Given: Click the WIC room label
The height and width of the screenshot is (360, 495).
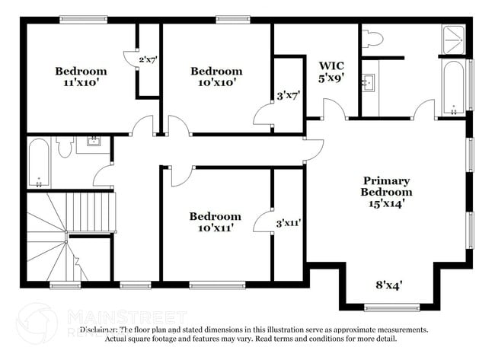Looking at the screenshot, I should [332, 65].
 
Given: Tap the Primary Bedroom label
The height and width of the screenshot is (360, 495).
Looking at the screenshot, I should [386, 186].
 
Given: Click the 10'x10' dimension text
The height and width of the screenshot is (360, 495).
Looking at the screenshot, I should [216, 84].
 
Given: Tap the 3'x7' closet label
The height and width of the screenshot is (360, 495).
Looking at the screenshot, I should [288, 97].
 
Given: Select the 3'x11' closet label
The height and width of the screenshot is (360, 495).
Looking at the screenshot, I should [289, 224].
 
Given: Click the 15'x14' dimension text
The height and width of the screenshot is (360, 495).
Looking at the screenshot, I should [386, 203].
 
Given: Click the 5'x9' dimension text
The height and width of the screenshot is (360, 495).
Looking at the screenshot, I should [332, 77].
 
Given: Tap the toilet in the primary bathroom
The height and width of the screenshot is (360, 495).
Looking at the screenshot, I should [373, 39].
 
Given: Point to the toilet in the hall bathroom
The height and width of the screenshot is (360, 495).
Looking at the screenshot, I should [64, 146].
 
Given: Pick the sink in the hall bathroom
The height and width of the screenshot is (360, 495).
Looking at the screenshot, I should [93, 141].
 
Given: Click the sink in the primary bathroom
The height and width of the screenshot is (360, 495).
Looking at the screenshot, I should [370, 81].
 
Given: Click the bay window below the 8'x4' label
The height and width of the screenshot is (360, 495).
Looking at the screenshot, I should [386, 307].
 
